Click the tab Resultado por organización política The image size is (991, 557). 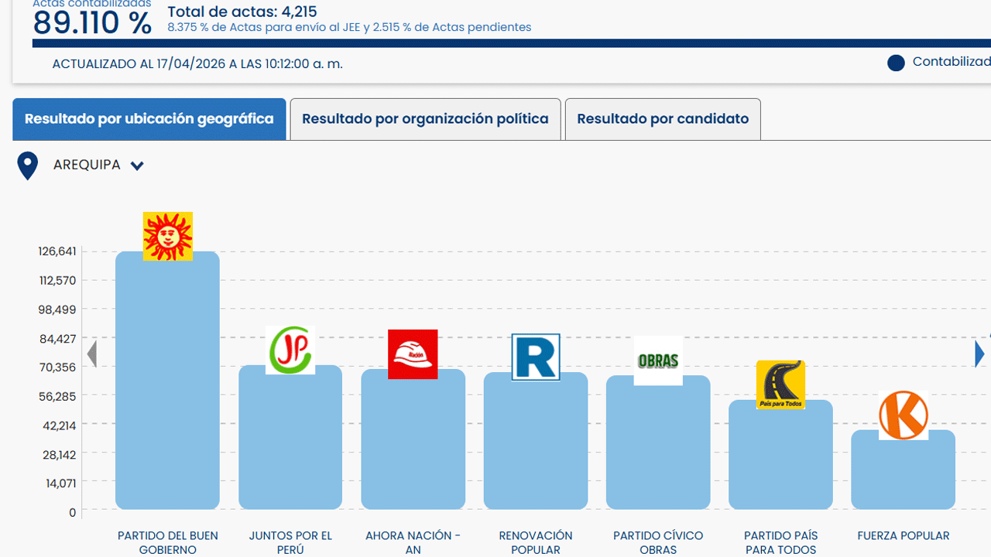pos(425,119)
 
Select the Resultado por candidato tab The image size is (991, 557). pos(663,119)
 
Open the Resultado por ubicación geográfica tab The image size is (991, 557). pos(149,119)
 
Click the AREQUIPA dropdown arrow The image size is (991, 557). pos(137,166)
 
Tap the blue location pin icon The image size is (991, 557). pos(28,166)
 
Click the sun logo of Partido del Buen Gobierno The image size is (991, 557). pos(168,236)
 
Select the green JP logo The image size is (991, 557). pos(290,350)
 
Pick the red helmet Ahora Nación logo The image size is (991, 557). pos(413,354)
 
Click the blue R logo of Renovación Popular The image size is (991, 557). pos(536,357)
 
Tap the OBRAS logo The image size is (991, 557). pos(658,361)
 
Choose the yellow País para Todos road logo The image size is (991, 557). pos(780,384)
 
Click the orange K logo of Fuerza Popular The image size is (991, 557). pos(904,415)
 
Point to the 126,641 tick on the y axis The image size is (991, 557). pos(57,251)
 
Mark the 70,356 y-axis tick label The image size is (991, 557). pos(58,367)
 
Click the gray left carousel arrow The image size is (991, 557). pos(92,354)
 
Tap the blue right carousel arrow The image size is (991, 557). pos(980,354)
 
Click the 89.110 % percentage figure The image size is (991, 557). pos(92,23)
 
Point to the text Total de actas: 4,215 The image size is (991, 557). pos(242,12)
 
